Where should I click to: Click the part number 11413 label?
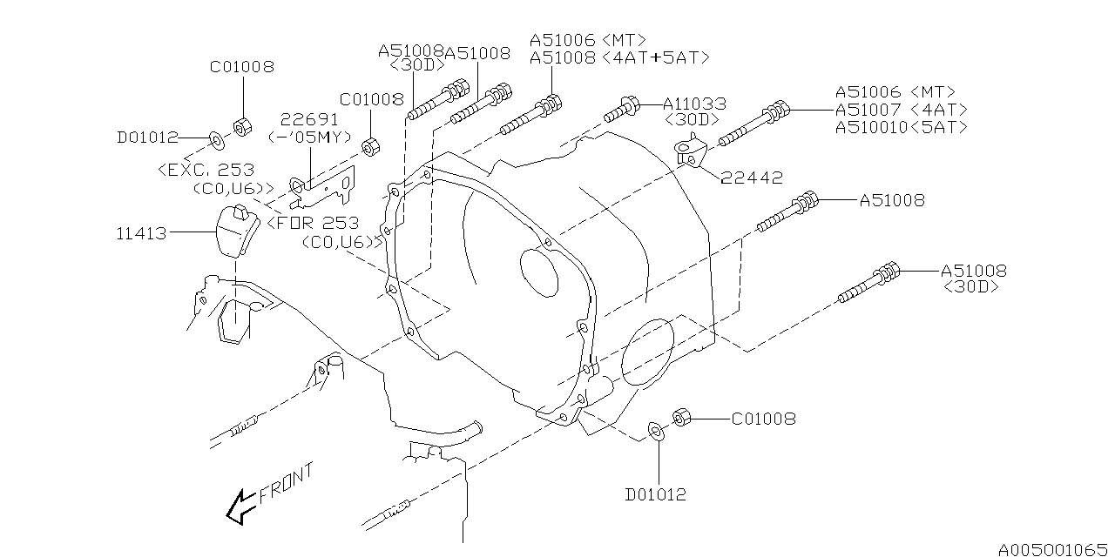(x=141, y=233)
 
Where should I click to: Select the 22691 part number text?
(x=309, y=119)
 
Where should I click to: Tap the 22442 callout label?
(x=752, y=178)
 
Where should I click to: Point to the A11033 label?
(x=694, y=104)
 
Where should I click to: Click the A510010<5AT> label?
(x=902, y=127)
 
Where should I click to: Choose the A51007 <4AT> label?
(x=902, y=110)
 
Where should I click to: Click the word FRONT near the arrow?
(x=287, y=484)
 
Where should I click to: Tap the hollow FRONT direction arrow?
(x=240, y=507)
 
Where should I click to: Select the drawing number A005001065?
(x=1053, y=549)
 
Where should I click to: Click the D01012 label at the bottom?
(x=656, y=494)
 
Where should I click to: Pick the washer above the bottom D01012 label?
(x=656, y=432)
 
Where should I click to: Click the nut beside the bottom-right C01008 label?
(x=681, y=417)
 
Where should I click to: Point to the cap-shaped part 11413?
(x=237, y=231)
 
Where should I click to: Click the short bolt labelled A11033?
(x=621, y=111)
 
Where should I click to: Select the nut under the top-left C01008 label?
(x=242, y=127)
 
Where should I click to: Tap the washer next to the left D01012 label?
(x=217, y=140)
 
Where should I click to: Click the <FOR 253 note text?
(x=313, y=223)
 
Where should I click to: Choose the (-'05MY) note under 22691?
(x=310, y=137)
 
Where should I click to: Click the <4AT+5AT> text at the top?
(x=656, y=57)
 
